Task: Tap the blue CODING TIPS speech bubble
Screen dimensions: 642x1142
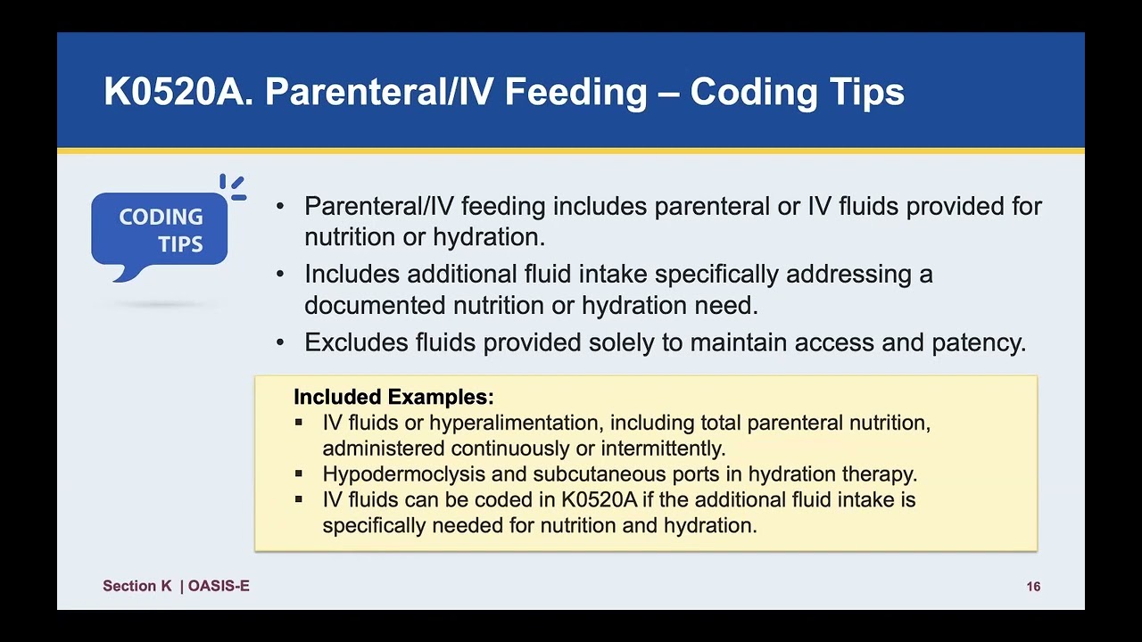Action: click(x=161, y=231)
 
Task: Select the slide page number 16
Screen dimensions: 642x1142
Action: click(x=1033, y=587)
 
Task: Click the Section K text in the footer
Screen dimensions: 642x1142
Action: click(x=137, y=587)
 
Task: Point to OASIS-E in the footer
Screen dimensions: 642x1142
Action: click(x=219, y=587)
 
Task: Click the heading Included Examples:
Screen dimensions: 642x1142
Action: click(x=393, y=397)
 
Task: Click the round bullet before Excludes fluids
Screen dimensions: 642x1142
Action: click(x=280, y=342)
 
